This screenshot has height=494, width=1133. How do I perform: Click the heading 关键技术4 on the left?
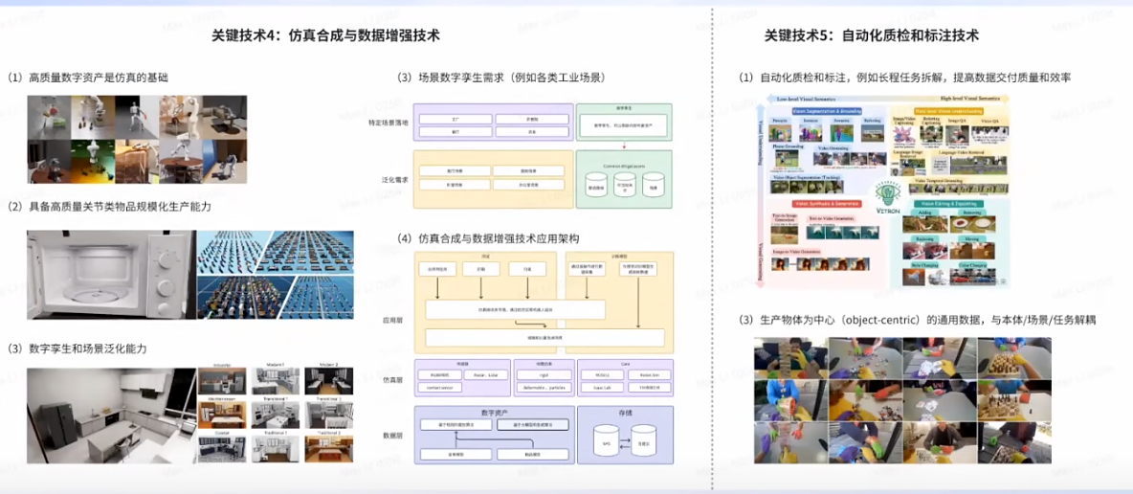(325, 35)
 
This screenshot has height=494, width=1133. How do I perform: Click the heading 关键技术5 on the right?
(871, 35)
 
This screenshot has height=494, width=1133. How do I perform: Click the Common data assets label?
(624, 166)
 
